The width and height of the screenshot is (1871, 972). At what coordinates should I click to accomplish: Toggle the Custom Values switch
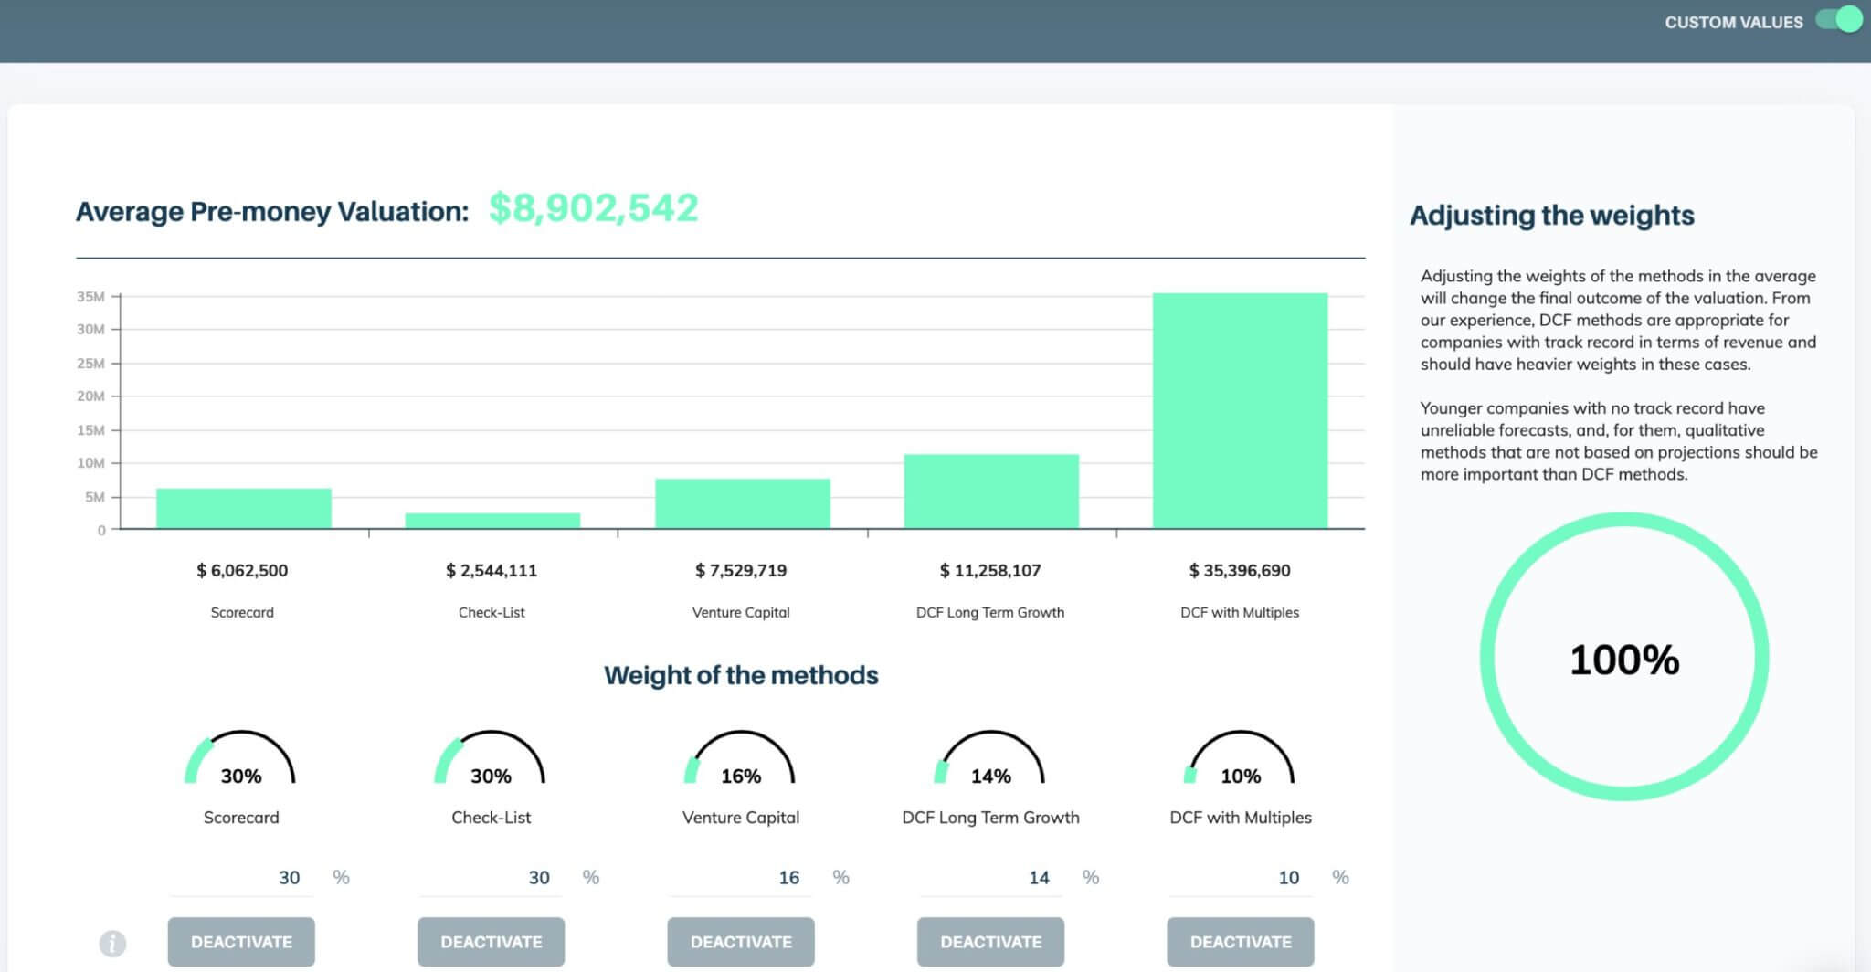tap(1839, 20)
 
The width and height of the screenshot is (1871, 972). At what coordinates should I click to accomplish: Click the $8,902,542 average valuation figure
tap(594, 208)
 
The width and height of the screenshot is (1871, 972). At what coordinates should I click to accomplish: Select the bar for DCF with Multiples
tap(1240, 410)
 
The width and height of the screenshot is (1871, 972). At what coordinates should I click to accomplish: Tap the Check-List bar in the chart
tap(492, 521)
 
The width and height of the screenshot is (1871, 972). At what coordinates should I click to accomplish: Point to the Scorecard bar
tap(244, 509)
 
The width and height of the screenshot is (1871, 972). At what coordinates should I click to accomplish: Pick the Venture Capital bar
tap(743, 503)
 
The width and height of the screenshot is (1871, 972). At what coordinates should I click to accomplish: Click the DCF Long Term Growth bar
tap(991, 491)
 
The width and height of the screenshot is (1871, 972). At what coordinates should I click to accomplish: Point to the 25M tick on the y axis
tap(90, 363)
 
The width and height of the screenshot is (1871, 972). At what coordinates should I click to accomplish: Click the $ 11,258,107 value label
tap(990, 570)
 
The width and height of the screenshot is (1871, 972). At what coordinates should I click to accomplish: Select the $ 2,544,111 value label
tap(492, 570)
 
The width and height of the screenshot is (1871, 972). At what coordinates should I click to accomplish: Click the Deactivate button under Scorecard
tap(241, 942)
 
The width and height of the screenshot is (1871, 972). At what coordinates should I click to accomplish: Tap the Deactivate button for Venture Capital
tap(741, 942)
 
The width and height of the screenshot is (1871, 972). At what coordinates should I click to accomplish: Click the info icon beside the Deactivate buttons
tap(112, 943)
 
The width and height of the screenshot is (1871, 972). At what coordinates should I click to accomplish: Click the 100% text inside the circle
tap(1624, 660)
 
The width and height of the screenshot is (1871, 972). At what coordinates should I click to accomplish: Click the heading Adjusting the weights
tap(1552, 216)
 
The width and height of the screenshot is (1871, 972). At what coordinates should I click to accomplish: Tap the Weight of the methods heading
tap(741, 675)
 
